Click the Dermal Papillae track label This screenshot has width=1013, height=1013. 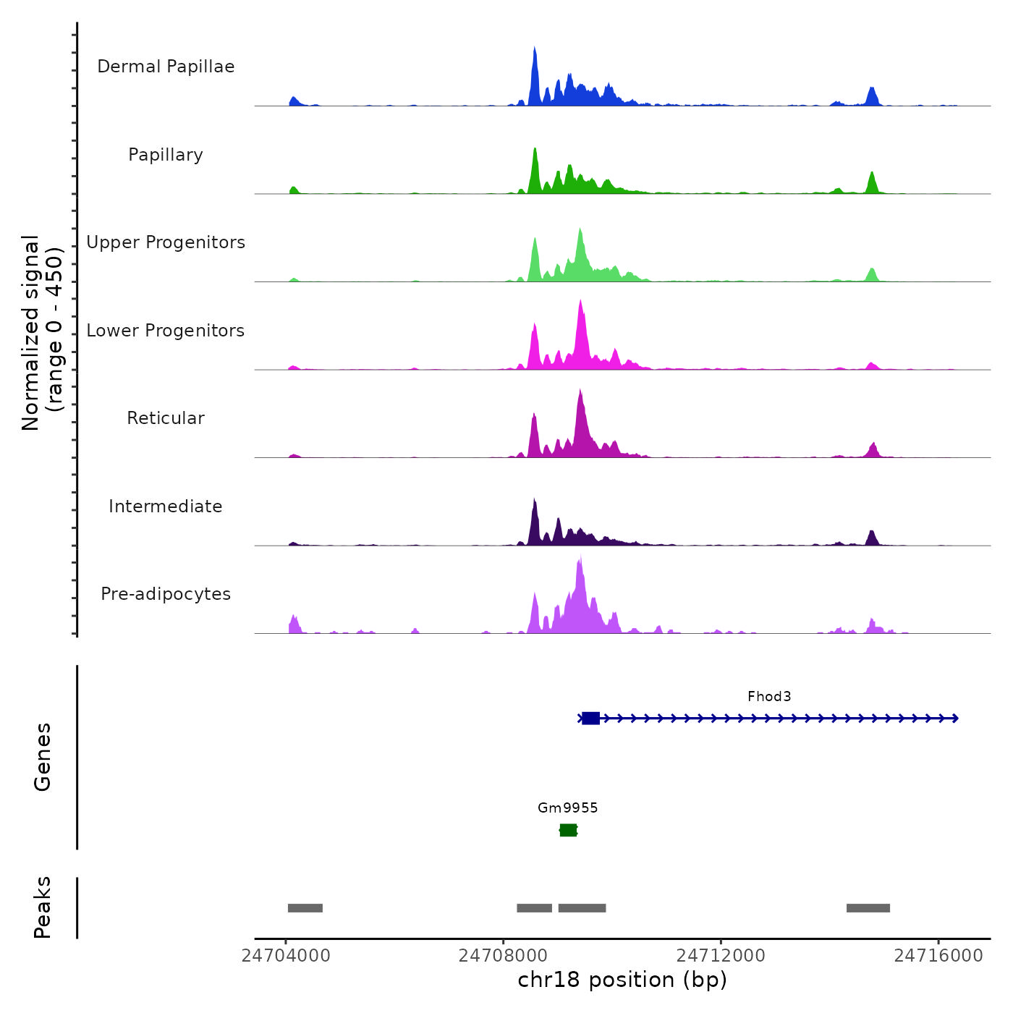(x=166, y=67)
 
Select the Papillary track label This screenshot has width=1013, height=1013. (x=166, y=155)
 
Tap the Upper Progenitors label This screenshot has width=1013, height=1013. (x=166, y=242)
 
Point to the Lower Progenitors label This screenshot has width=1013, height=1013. (x=166, y=331)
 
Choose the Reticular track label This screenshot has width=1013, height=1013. (x=166, y=418)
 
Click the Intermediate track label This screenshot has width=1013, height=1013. (x=166, y=506)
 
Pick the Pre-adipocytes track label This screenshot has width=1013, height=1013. (x=166, y=594)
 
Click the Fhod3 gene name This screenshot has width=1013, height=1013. (x=769, y=697)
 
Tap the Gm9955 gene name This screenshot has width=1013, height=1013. (x=568, y=808)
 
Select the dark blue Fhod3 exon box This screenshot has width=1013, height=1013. (x=590, y=719)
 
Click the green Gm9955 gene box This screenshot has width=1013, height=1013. (x=568, y=830)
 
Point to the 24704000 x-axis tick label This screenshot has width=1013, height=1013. (x=286, y=956)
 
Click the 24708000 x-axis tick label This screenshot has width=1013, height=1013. (x=504, y=956)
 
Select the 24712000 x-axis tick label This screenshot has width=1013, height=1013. (x=721, y=956)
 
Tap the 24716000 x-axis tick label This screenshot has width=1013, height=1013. (x=938, y=956)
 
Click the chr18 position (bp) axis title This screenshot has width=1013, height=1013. (x=622, y=980)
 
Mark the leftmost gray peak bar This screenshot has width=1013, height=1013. (x=305, y=908)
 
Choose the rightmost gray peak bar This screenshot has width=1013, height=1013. (x=868, y=908)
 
